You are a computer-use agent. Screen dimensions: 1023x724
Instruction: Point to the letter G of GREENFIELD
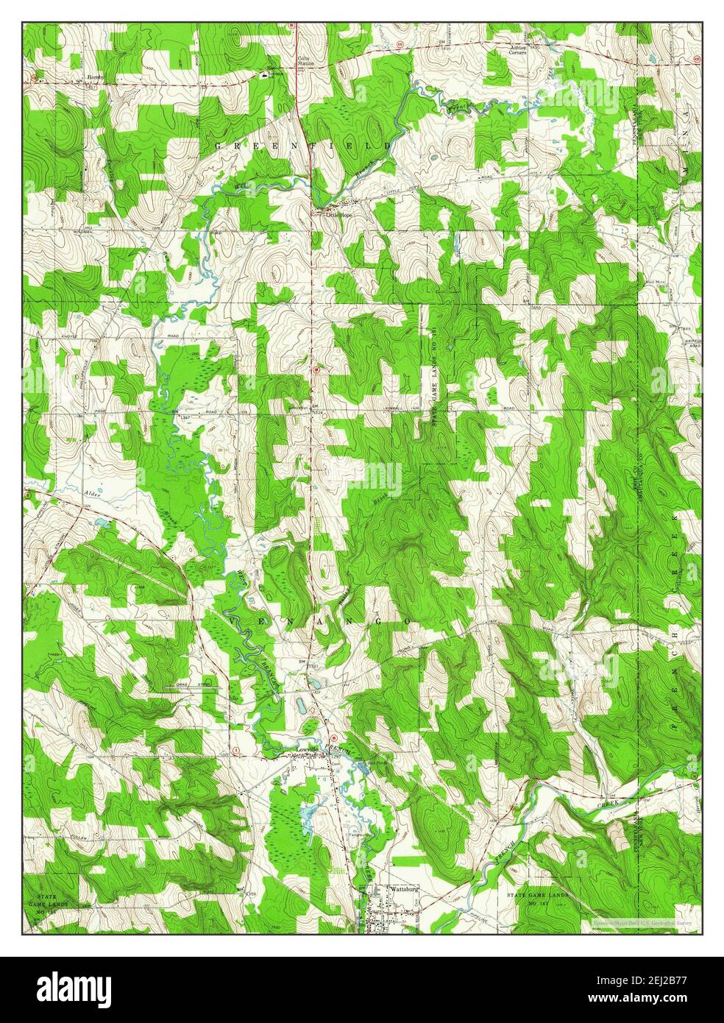click(219, 147)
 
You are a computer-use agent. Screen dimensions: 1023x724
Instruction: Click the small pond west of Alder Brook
click(100, 525)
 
